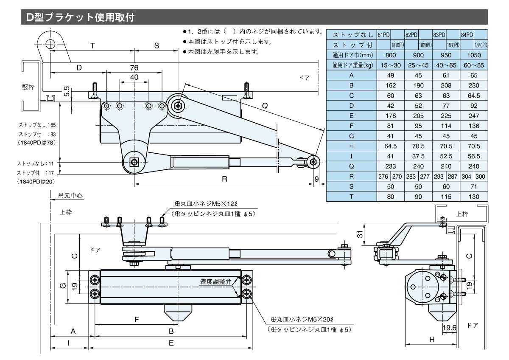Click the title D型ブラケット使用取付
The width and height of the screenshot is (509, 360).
tap(81, 17)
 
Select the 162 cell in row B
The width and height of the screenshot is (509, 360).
tap(391, 85)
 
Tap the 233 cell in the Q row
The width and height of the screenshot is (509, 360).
tap(391, 166)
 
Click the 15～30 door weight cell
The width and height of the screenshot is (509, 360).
tap(391, 65)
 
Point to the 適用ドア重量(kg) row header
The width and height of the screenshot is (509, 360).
tap(352, 65)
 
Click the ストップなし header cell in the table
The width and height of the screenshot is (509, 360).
tap(352, 34)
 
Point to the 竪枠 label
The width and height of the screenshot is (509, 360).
tap(28, 87)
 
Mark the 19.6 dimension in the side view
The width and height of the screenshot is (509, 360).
tap(449, 327)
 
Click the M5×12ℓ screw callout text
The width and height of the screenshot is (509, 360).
tap(210, 204)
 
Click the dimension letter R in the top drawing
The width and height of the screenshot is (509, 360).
tap(224, 179)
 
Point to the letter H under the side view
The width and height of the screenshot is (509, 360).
tap(432, 339)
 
